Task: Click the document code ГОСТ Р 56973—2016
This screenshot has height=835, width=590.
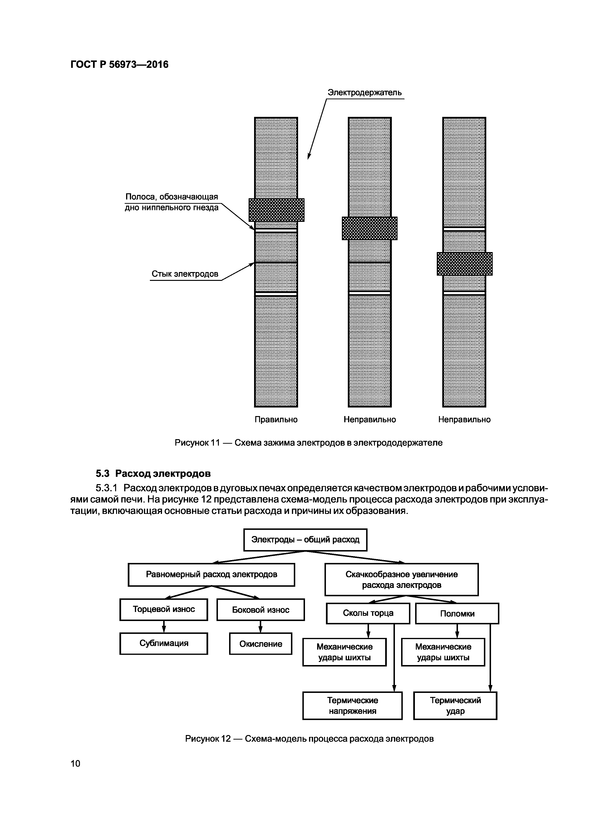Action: point(119,64)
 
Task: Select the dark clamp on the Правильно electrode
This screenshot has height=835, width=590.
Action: point(276,210)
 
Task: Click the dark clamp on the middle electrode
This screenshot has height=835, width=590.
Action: point(369,229)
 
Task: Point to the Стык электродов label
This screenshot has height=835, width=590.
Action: point(185,274)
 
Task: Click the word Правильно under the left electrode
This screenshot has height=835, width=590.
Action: point(276,419)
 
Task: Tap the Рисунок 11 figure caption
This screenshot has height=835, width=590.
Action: point(308,442)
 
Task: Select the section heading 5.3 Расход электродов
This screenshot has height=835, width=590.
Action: point(153,473)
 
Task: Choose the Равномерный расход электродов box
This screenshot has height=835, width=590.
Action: point(211,575)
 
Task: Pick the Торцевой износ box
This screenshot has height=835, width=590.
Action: point(164,609)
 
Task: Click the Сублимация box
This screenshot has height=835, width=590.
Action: point(164,643)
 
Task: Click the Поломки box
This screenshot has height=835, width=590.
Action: point(457,614)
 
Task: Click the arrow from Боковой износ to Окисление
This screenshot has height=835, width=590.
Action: point(260,627)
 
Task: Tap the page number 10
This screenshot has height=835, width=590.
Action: point(75,763)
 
